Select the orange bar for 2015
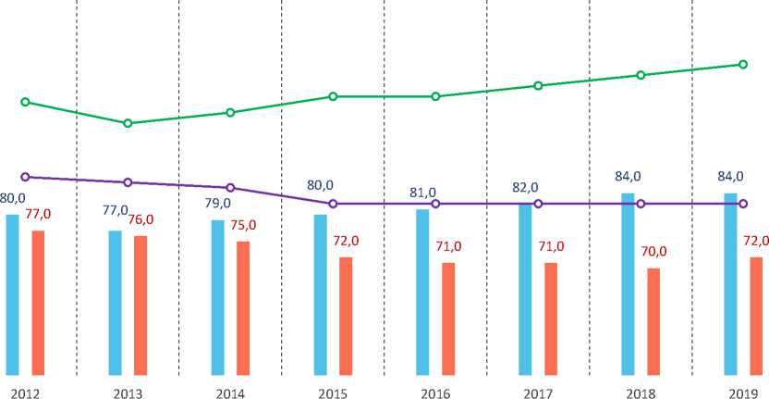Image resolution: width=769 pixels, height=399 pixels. tap(346, 316)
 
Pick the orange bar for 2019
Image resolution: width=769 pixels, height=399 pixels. tap(756, 316)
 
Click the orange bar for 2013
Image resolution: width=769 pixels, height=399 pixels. tap(140, 305)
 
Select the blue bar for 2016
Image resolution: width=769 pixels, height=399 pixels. tap(422, 292)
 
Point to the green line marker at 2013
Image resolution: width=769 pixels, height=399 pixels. tap(128, 123)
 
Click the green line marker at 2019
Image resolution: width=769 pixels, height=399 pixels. tap(743, 65)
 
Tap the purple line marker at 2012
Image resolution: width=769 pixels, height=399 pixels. tap(25, 176)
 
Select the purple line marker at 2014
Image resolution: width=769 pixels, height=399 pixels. tap(230, 188)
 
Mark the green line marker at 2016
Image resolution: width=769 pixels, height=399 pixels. tap(435, 96)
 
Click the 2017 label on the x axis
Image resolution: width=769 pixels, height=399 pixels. tap(537, 393)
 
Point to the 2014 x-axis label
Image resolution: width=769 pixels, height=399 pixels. tap(229, 393)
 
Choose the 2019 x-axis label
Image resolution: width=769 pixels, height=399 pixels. tap(742, 393)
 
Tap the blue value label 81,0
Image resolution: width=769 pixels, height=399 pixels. tap(422, 193)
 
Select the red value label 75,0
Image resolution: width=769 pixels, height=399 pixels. tap(243, 225)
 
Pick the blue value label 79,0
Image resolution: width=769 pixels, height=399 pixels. tap(217, 204)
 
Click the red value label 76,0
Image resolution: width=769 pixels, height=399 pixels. tap(140, 219)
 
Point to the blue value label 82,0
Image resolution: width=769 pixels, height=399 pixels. tap(525, 188)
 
